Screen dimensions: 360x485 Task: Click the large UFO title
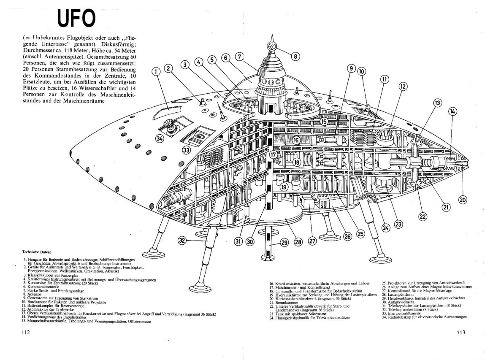click(76, 18)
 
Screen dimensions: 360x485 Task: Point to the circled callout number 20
click(463, 200)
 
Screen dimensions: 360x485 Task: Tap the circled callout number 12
click(402, 86)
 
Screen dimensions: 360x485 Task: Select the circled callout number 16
click(296, 140)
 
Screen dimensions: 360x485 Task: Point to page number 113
click(461, 333)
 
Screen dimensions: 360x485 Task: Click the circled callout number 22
click(423, 216)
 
